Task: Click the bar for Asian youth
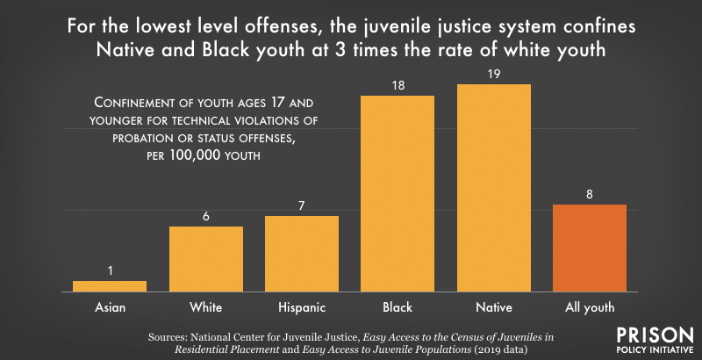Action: [110, 285]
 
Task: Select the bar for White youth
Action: [206, 258]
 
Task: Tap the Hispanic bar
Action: [302, 253]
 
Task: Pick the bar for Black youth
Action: [398, 193]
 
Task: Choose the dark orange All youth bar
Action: [589, 248]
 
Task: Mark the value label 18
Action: [398, 86]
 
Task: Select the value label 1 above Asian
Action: [110, 271]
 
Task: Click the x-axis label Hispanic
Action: [302, 307]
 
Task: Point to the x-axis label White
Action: [206, 307]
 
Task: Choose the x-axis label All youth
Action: [589, 307]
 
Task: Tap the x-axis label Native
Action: [493, 307]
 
